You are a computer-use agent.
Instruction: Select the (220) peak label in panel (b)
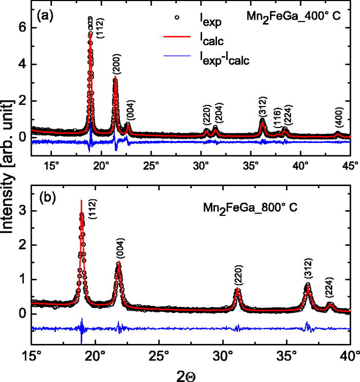point(238,276)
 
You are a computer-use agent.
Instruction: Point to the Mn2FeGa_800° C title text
point(251,210)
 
